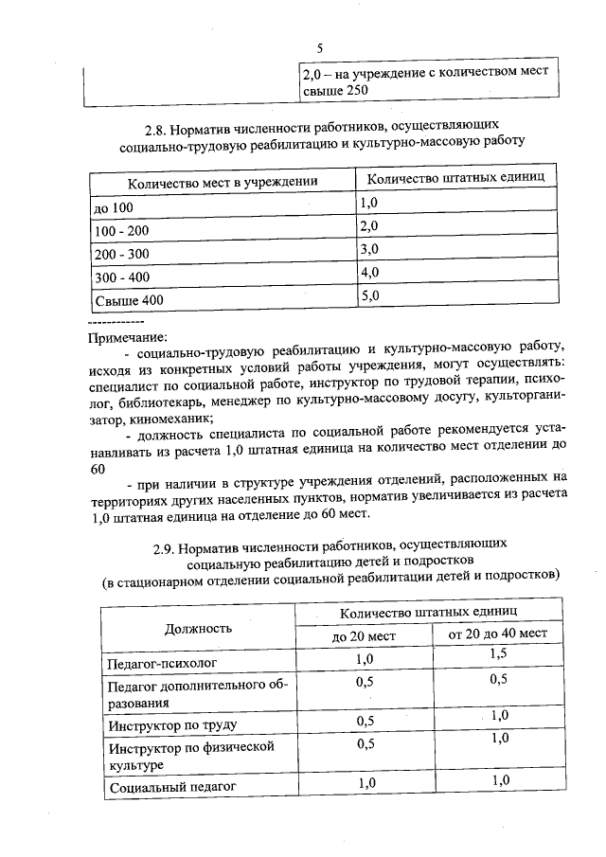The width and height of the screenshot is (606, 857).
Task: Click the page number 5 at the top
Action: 320,47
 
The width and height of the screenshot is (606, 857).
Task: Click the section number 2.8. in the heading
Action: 158,125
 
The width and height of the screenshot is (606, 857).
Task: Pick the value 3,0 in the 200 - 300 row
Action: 368,249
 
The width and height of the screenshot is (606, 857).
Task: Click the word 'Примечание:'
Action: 127,336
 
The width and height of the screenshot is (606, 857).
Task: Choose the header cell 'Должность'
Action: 198,628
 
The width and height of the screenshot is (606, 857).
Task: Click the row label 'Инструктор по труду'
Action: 171,726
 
